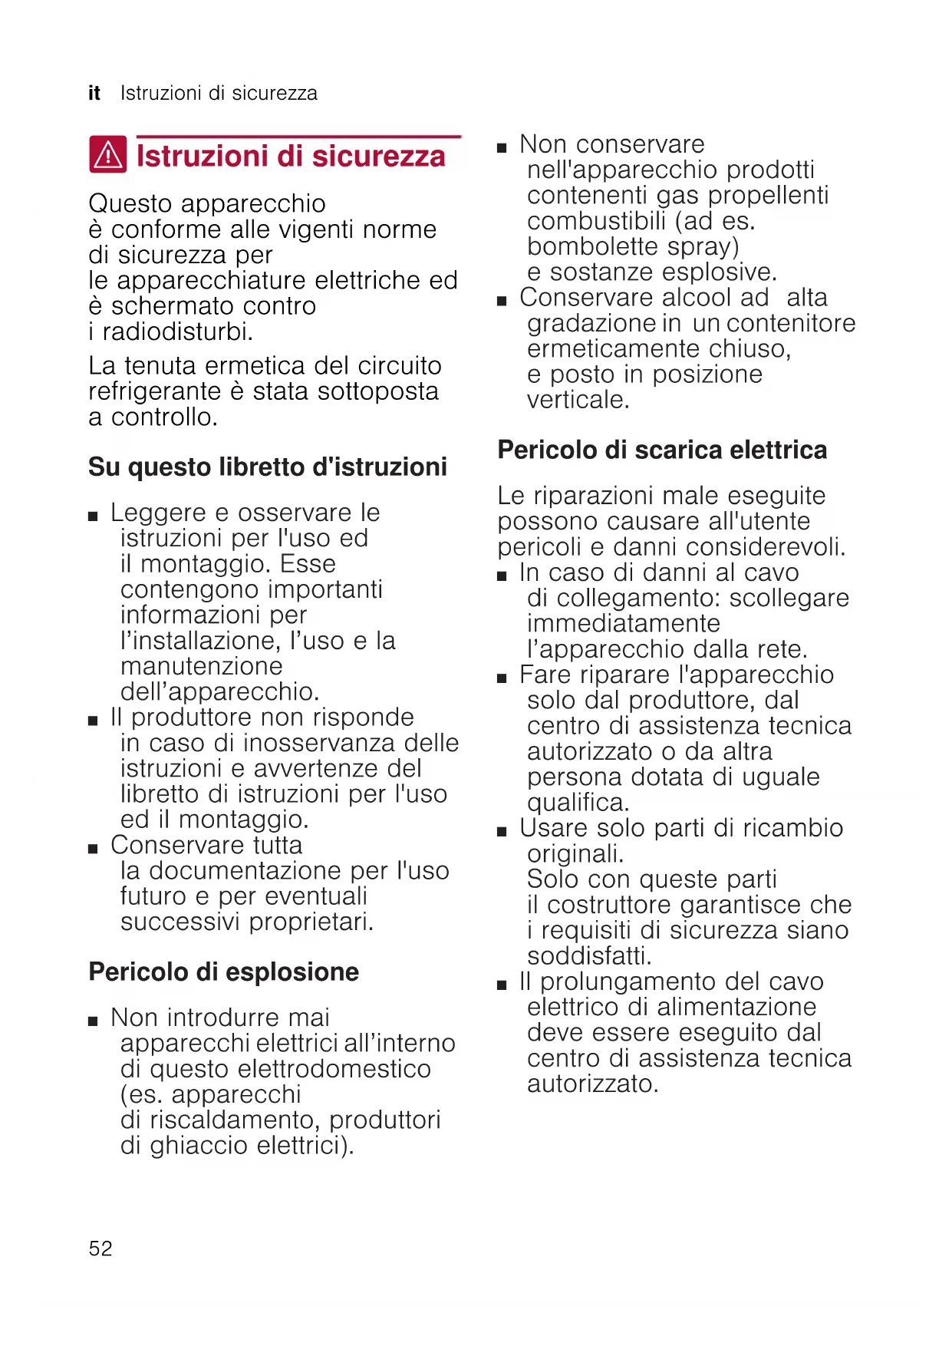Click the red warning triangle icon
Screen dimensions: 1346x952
click(x=108, y=154)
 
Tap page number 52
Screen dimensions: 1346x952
click(x=100, y=1249)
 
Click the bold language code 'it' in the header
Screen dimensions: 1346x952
click(x=94, y=94)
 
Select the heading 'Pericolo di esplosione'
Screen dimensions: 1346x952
click(x=223, y=972)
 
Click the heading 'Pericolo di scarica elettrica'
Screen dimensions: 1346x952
click(x=662, y=450)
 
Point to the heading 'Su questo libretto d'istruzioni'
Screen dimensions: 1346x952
click(x=268, y=467)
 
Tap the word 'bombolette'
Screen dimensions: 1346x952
click(x=593, y=246)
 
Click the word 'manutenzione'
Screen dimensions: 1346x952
click(x=202, y=666)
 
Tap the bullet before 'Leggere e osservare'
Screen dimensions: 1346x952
click(x=93, y=516)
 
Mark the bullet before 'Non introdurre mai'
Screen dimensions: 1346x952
click(x=93, y=1021)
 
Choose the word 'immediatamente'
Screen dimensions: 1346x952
click(x=624, y=623)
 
